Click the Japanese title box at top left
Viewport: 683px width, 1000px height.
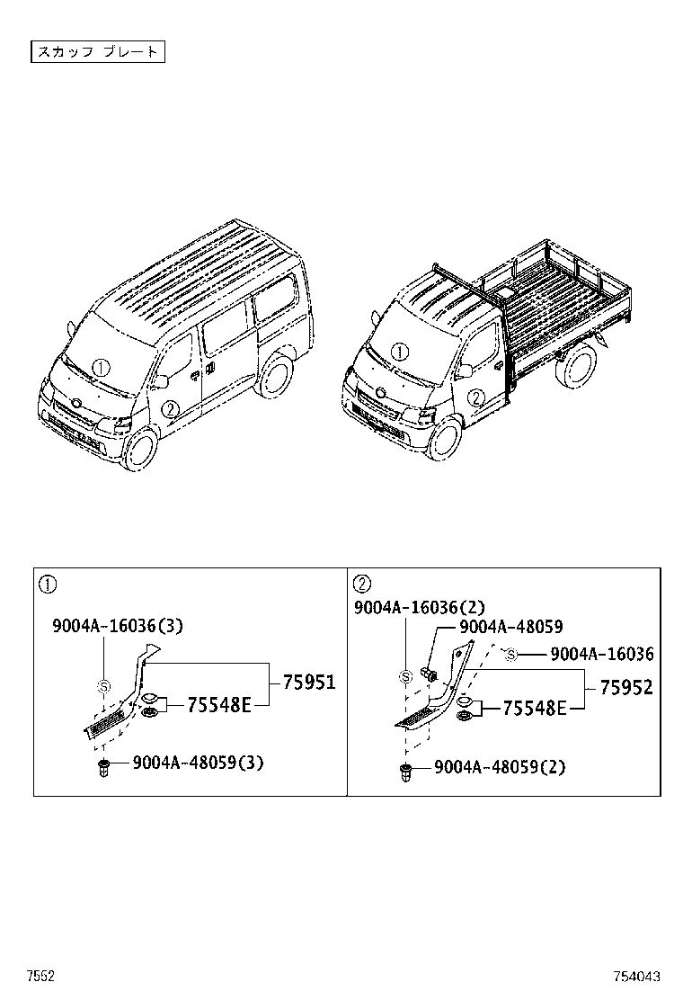pyautogui.click(x=98, y=51)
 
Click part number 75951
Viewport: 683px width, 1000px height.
pyautogui.click(x=308, y=683)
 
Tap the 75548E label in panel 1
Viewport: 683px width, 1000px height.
pyautogui.click(x=218, y=705)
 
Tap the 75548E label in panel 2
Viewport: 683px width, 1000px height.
pyautogui.click(x=534, y=709)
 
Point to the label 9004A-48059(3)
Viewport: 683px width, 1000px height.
pyautogui.click(x=198, y=763)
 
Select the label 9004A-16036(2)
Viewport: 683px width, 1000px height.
pyautogui.click(x=419, y=609)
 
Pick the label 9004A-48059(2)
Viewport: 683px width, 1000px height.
pyautogui.click(x=499, y=767)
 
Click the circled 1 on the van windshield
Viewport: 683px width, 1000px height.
pyautogui.click(x=102, y=367)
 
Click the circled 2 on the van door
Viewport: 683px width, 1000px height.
pyautogui.click(x=169, y=408)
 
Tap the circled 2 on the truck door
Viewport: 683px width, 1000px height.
pyautogui.click(x=477, y=397)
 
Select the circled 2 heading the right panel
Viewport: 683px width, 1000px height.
pyautogui.click(x=362, y=585)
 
